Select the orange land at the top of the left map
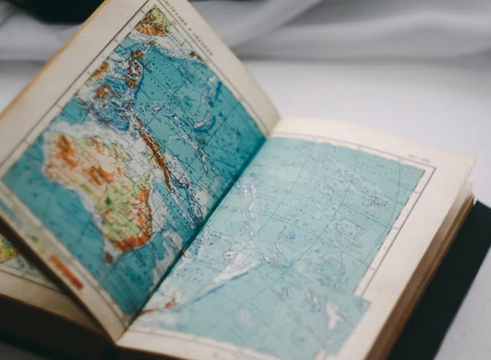[x=153, y=21]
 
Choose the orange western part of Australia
[x=67, y=153]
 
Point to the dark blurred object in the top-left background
[x=47, y=9]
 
